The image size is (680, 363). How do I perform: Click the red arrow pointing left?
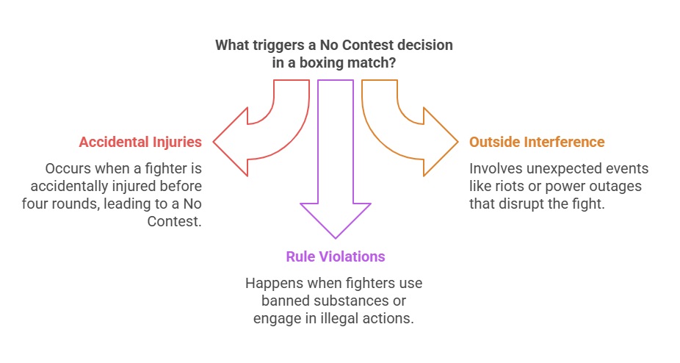pyautogui.click(x=250, y=140)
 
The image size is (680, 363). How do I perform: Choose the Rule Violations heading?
pyautogui.click(x=336, y=256)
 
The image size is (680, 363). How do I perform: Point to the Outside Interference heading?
pyautogui.click(x=537, y=142)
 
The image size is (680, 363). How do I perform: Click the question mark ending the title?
pyautogui.click(x=395, y=62)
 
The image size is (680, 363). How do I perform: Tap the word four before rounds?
pyautogui.click(x=40, y=204)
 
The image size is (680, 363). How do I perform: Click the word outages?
pyautogui.click(x=617, y=186)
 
